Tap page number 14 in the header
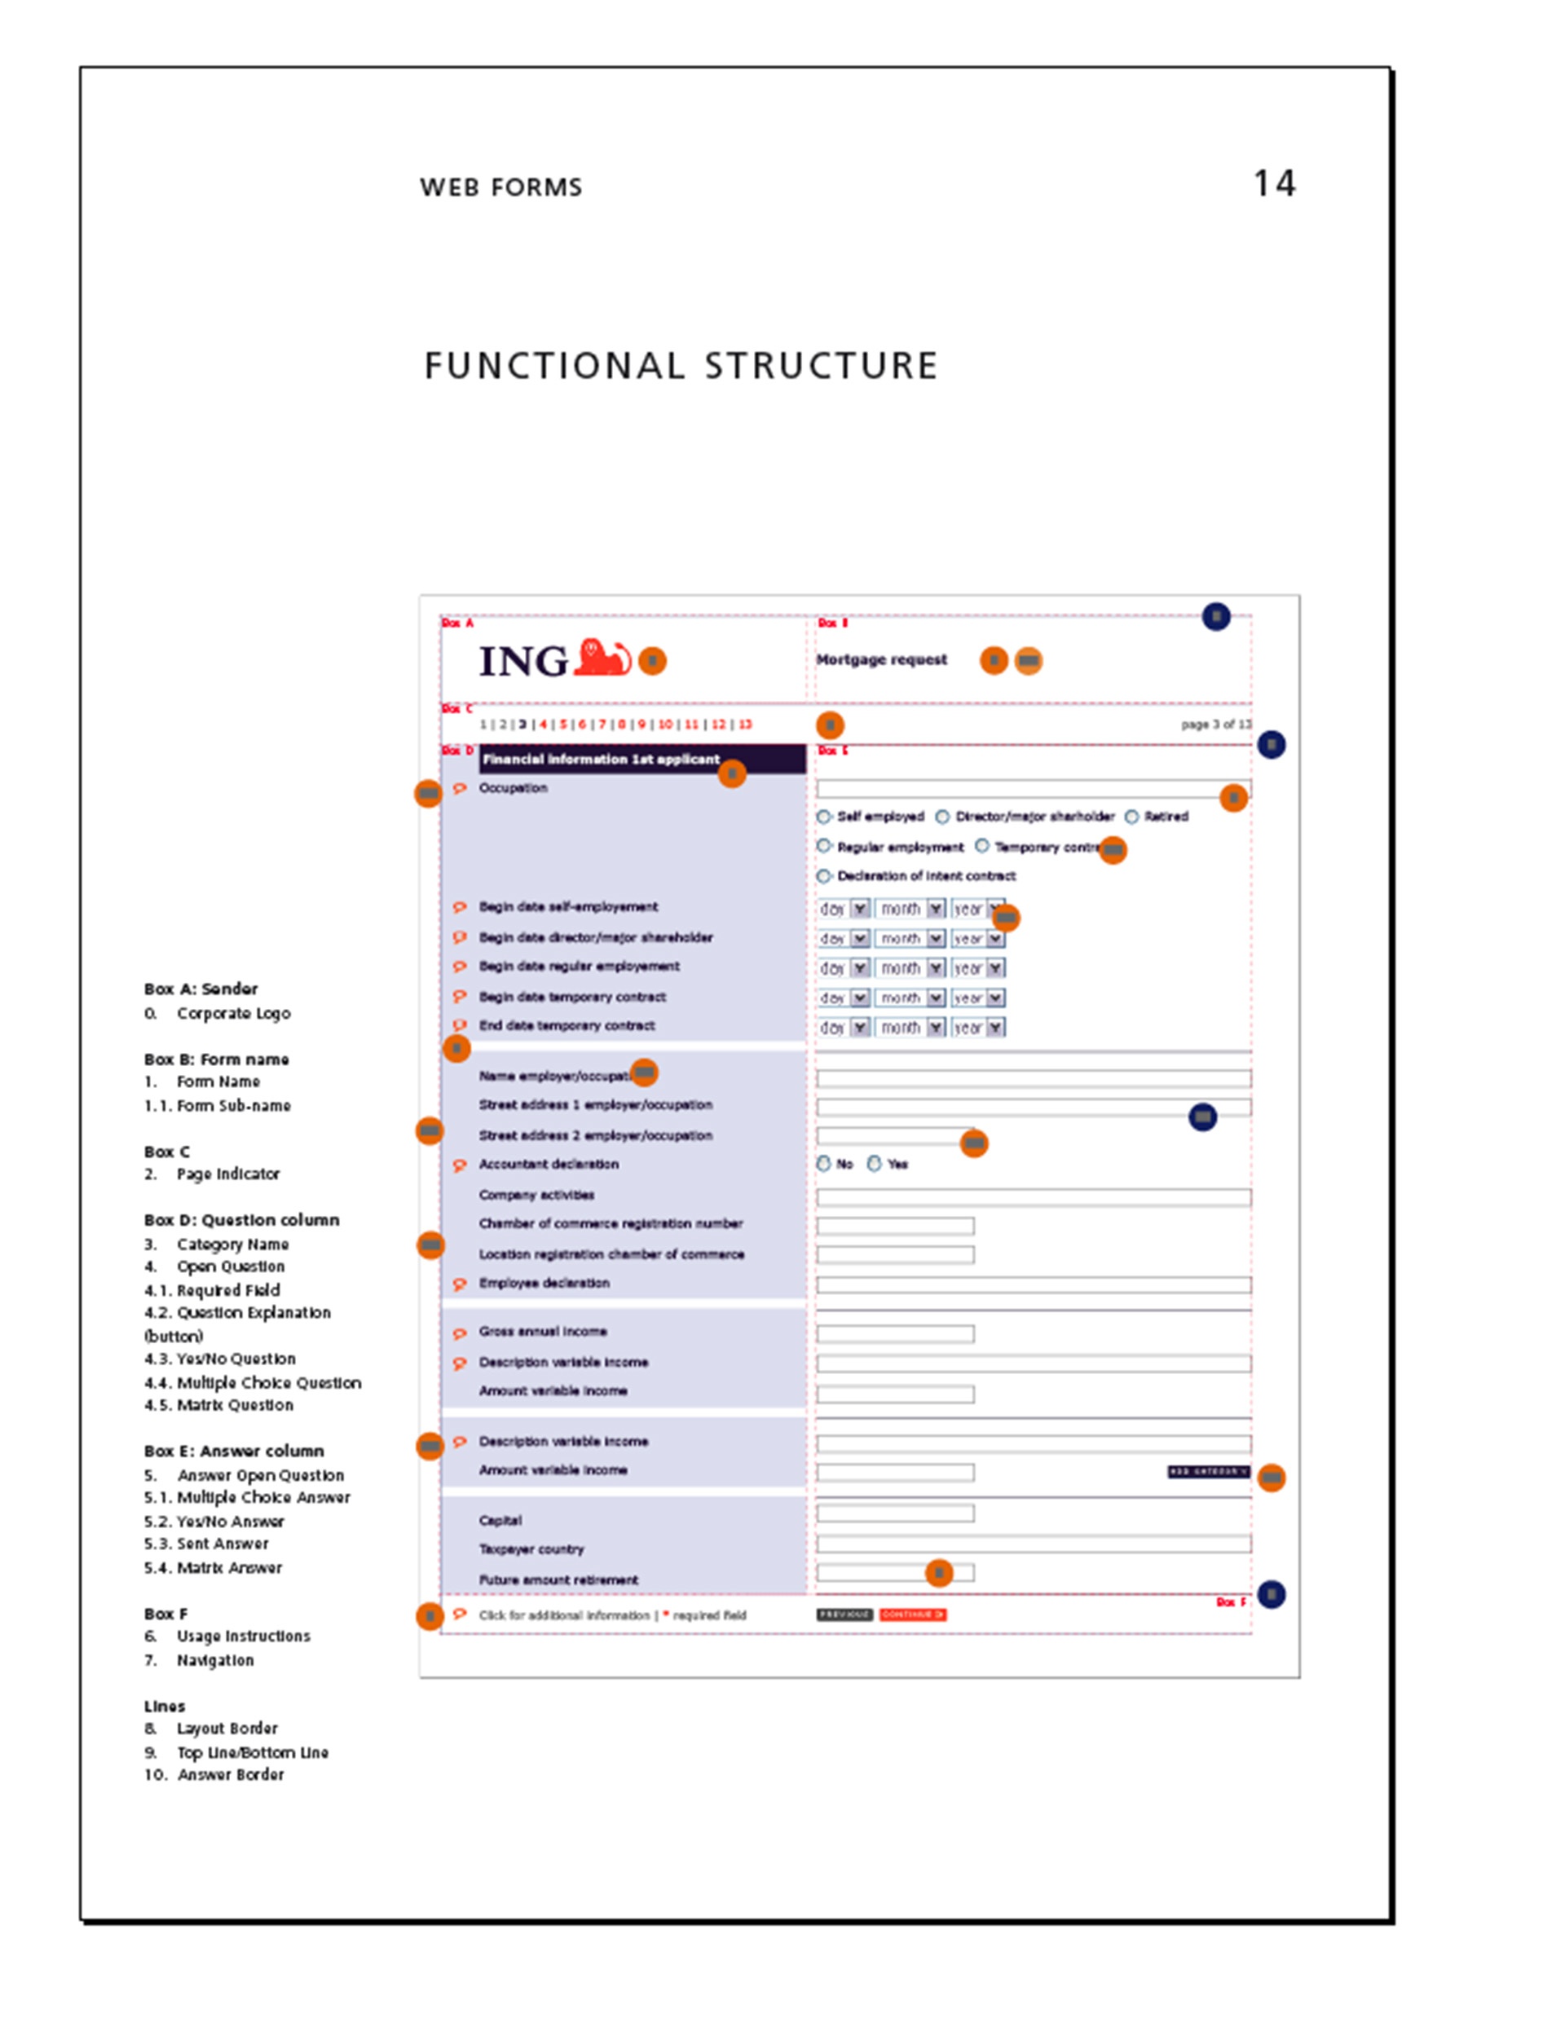tap(1273, 183)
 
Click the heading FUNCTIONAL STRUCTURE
tap(681, 365)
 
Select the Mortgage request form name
tap(880, 659)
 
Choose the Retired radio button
tap(1131, 817)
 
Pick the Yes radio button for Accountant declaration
tap(874, 1163)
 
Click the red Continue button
tap(912, 1615)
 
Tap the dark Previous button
tap(844, 1615)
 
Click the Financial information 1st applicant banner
tap(641, 759)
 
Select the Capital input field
tap(894, 1513)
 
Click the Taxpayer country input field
tap(1032, 1544)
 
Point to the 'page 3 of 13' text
tap(1215, 725)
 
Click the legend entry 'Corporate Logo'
tap(233, 1013)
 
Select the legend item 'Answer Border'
tap(231, 1774)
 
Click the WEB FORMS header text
tap(500, 187)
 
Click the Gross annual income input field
tap(894, 1333)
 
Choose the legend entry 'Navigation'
tap(215, 1660)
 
